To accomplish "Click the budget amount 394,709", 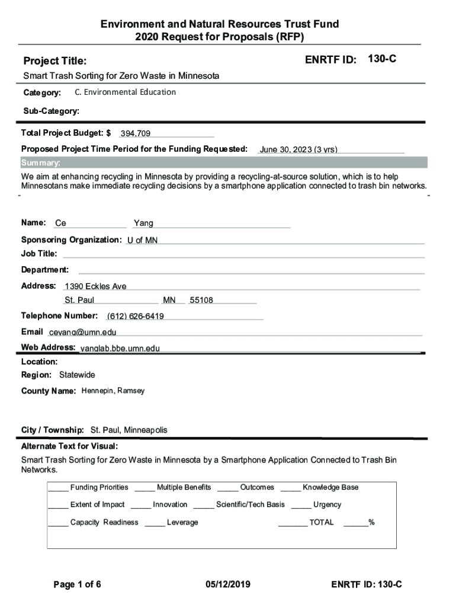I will (135, 134).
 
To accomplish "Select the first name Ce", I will (60, 223).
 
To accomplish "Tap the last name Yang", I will (143, 223).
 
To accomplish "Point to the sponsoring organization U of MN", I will (142, 241).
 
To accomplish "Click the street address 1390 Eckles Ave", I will (95, 286).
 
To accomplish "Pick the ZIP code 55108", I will (201, 301).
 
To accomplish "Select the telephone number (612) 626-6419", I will (136, 316).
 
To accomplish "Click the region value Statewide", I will (77, 375).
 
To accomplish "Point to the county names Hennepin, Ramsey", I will (113, 391).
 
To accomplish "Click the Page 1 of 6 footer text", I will (77, 584).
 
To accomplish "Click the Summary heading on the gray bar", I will (40, 163).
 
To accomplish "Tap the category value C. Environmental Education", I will (126, 92).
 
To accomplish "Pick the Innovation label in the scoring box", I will (170, 504).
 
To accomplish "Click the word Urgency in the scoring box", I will (327, 504).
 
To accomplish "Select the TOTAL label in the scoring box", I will (321, 522).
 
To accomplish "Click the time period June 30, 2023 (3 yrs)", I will (298, 149).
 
